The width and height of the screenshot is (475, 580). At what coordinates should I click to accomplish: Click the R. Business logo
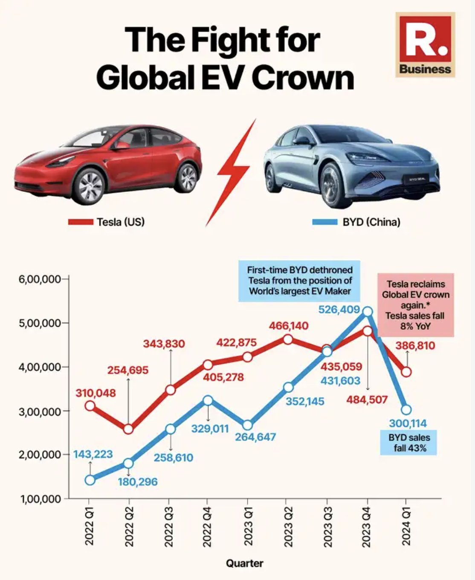(425, 45)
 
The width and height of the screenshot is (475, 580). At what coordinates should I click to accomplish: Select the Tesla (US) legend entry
(107, 222)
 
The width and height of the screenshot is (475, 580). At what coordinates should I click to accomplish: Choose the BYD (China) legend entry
(356, 222)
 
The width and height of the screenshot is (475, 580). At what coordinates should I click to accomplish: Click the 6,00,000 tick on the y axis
(39, 279)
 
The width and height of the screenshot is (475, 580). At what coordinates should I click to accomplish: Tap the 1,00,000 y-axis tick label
(41, 499)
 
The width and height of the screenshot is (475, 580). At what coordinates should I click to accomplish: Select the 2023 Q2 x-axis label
(288, 527)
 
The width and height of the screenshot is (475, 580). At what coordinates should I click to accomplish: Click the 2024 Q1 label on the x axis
(406, 527)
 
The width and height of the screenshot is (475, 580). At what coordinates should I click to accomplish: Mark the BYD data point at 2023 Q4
(368, 312)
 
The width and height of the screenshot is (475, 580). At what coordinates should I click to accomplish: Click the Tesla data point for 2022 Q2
(128, 429)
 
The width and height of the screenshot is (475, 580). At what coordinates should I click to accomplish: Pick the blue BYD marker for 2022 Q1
(90, 480)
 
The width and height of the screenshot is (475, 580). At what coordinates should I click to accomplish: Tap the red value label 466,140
(289, 326)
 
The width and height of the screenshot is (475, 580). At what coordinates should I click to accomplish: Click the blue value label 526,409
(339, 310)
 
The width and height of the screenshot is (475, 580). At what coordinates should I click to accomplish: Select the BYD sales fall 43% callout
(408, 443)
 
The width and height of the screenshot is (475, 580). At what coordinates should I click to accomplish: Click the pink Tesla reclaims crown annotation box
(415, 305)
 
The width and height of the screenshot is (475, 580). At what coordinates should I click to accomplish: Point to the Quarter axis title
(244, 563)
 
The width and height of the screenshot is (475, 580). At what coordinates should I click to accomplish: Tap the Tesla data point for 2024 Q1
(406, 372)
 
